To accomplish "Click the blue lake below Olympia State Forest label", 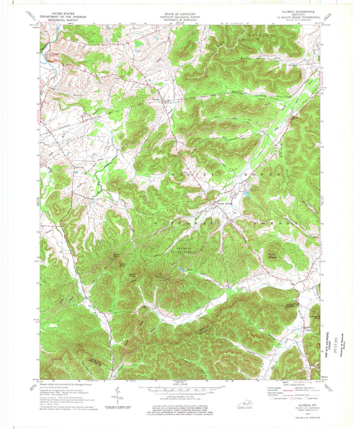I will point(181,270).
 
